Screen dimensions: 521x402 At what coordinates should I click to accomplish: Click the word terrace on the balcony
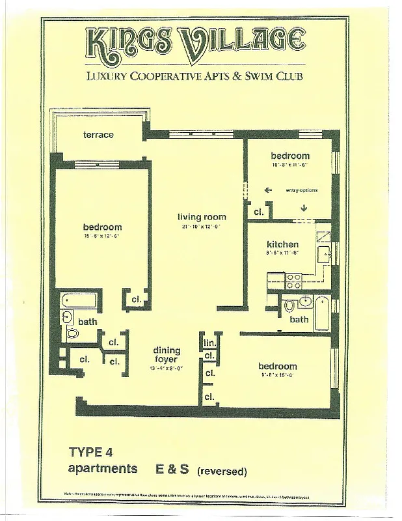tap(98, 135)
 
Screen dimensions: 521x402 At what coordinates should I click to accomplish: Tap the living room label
tap(202, 217)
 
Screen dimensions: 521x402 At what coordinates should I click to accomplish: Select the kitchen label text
tap(283, 244)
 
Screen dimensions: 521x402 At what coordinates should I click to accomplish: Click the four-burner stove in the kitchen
tap(294, 281)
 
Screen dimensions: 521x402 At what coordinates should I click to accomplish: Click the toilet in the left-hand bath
tap(72, 333)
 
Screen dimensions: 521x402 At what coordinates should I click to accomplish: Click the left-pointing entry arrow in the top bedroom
tap(267, 191)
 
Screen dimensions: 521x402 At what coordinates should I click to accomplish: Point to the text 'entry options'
tap(301, 190)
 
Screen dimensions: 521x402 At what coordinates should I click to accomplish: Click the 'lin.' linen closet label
tap(209, 343)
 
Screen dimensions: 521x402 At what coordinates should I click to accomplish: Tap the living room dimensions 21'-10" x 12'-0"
tap(202, 227)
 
